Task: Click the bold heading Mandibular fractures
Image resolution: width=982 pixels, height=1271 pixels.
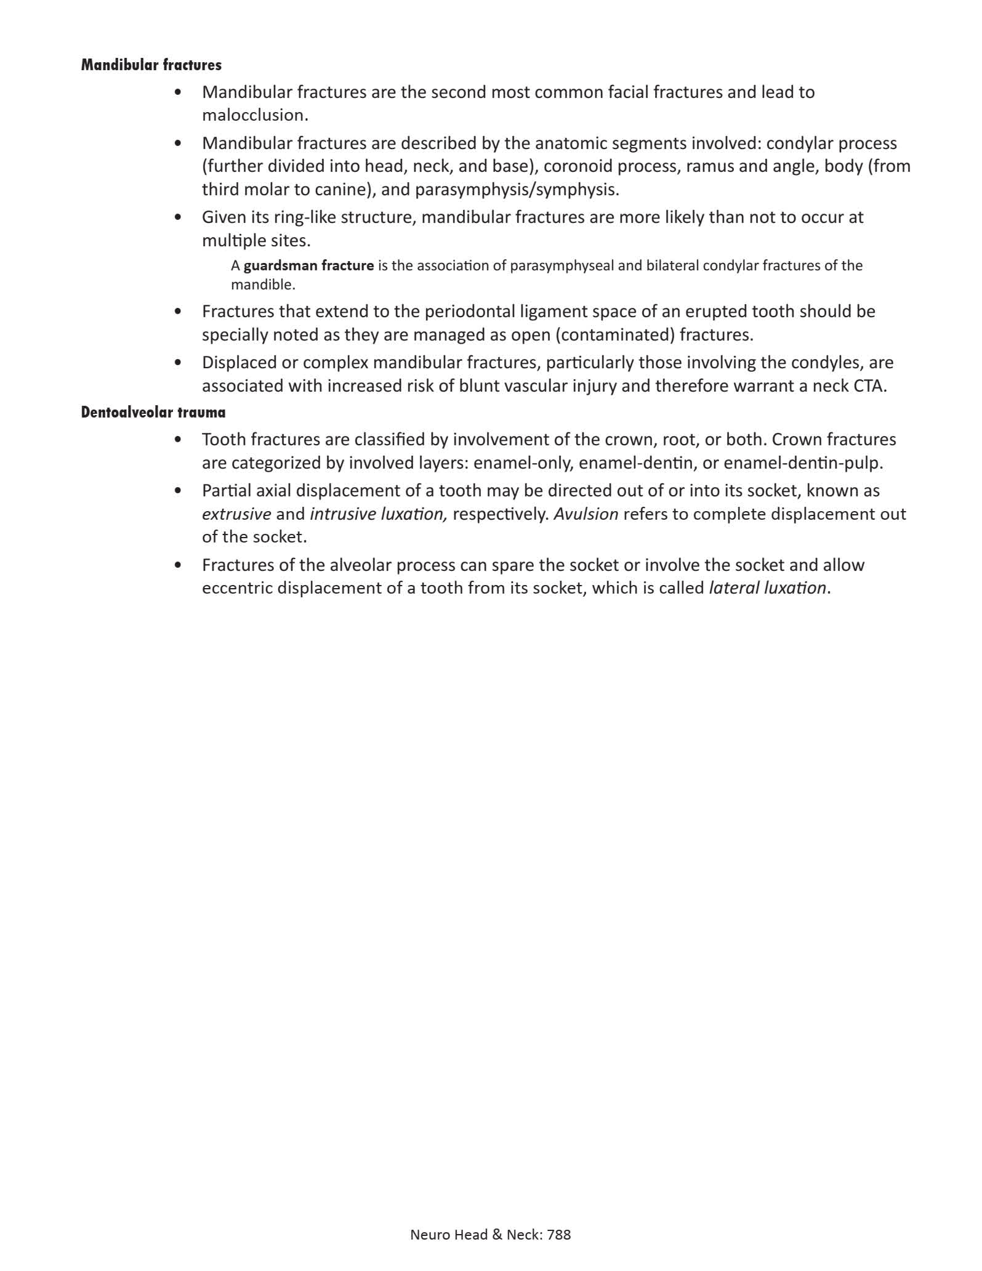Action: tap(151, 65)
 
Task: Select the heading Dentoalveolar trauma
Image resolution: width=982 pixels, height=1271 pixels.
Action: tap(153, 412)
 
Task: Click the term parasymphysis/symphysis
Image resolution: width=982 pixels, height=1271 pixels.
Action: tap(515, 190)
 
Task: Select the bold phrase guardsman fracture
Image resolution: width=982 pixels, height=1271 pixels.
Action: tap(308, 266)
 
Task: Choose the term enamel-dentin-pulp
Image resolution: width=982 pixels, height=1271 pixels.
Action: tap(803, 463)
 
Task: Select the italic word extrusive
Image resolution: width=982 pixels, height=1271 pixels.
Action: tap(236, 514)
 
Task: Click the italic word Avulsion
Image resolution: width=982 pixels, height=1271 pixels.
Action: tap(586, 514)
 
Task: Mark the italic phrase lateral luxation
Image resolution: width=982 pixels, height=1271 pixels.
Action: tap(767, 588)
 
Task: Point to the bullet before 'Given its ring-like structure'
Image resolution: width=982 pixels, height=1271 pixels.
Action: tap(179, 217)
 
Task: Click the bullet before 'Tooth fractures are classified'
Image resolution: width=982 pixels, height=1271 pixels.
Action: tap(179, 440)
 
